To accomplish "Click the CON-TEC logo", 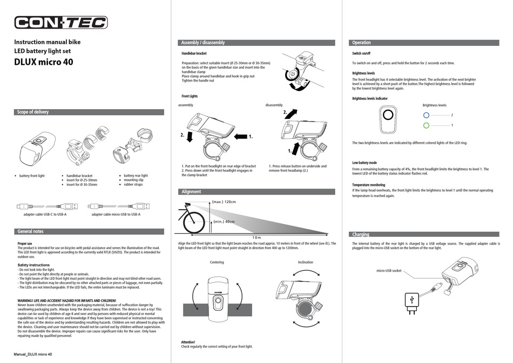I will pos(60,22).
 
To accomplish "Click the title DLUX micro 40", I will pos(43,62).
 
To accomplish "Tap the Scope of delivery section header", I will pos(33,112).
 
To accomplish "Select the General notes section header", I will pos(30,231).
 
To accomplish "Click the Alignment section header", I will pos(191,191).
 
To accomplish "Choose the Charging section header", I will pos(361,234).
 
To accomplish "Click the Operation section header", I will pos(361,43).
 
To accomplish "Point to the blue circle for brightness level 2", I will pos(426,115).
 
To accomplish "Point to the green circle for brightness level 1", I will pos(426,125).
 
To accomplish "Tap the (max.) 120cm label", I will pos(224,201).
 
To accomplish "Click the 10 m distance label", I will pos(256,238).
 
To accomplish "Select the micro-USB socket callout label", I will pos(389,271).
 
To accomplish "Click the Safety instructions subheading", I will pos(33,265).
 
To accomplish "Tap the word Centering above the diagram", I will pos(217,262).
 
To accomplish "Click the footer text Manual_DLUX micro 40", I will pos(33,354).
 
